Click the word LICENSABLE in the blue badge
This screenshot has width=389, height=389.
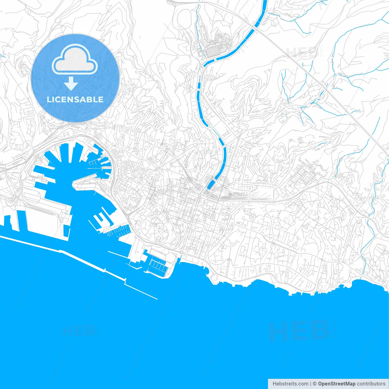[x=75, y=99]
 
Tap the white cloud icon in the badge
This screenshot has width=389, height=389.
[x=75, y=59]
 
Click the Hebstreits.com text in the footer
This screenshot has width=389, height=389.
[x=290, y=384]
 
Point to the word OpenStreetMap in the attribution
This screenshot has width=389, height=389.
[x=336, y=384]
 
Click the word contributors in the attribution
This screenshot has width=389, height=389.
[x=371, y=384]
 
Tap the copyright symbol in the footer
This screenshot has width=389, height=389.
[x=315, y=384]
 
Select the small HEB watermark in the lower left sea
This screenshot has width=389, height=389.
[x=79, y=330]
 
